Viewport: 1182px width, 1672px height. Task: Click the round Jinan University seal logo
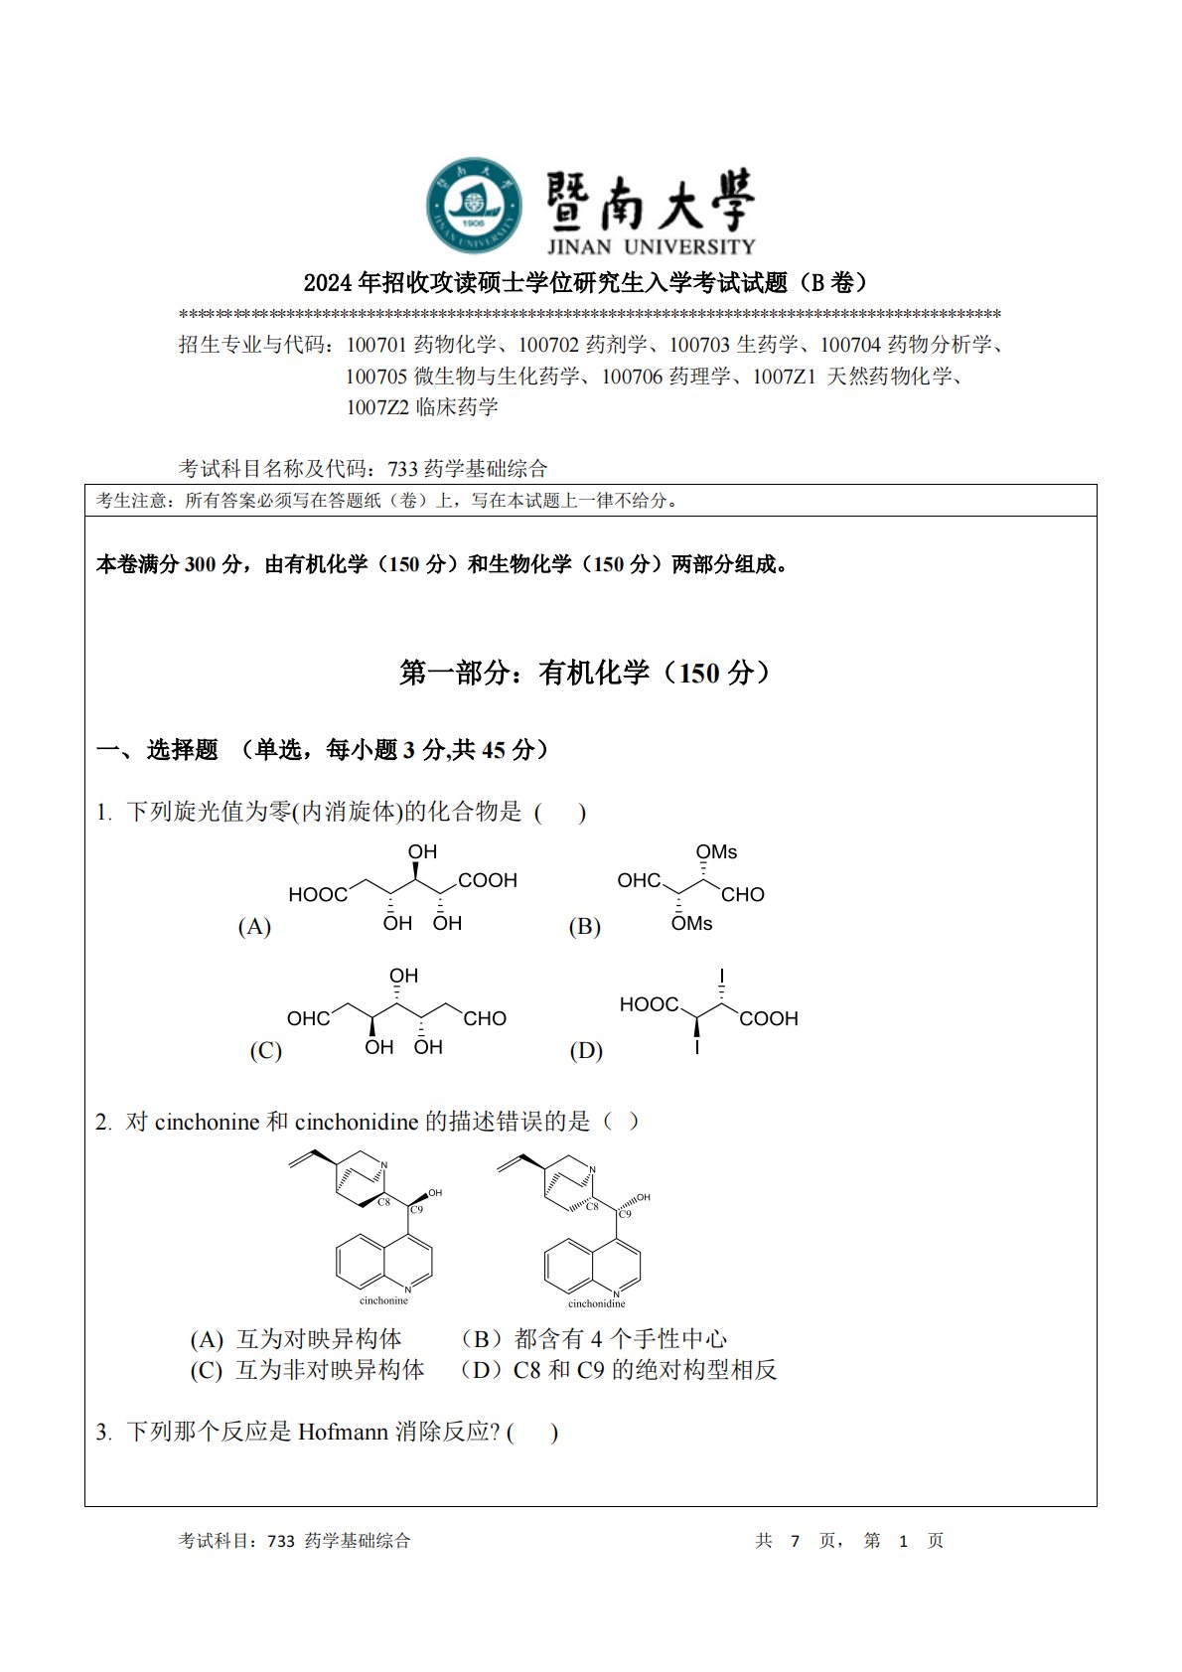(475, 205)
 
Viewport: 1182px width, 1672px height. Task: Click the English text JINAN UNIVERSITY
(651, 246)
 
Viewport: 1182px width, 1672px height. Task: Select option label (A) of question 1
(254, 927)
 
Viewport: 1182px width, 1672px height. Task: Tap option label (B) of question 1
(584, 927)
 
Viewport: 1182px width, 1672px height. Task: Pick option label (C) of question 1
(265, 1051)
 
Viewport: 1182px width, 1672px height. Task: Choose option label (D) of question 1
(586, 1051)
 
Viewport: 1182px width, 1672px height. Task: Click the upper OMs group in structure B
(716, 852)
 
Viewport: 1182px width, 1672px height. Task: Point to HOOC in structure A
(318, 895)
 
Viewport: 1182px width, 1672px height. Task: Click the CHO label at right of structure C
(485, 1019)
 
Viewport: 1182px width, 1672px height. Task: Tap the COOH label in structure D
(769, 1019)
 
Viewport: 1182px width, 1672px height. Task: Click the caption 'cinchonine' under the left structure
(383, 1300)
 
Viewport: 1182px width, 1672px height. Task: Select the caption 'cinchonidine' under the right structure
(596, 1303)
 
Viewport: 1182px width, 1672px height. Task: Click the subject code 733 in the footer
(281, 1541)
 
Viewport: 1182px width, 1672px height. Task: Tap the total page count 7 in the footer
(795, 1541)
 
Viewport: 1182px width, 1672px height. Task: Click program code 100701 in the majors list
(376, 345)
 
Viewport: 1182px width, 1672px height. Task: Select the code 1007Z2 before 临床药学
(377, 407)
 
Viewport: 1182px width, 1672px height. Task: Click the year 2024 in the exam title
(328, 283)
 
